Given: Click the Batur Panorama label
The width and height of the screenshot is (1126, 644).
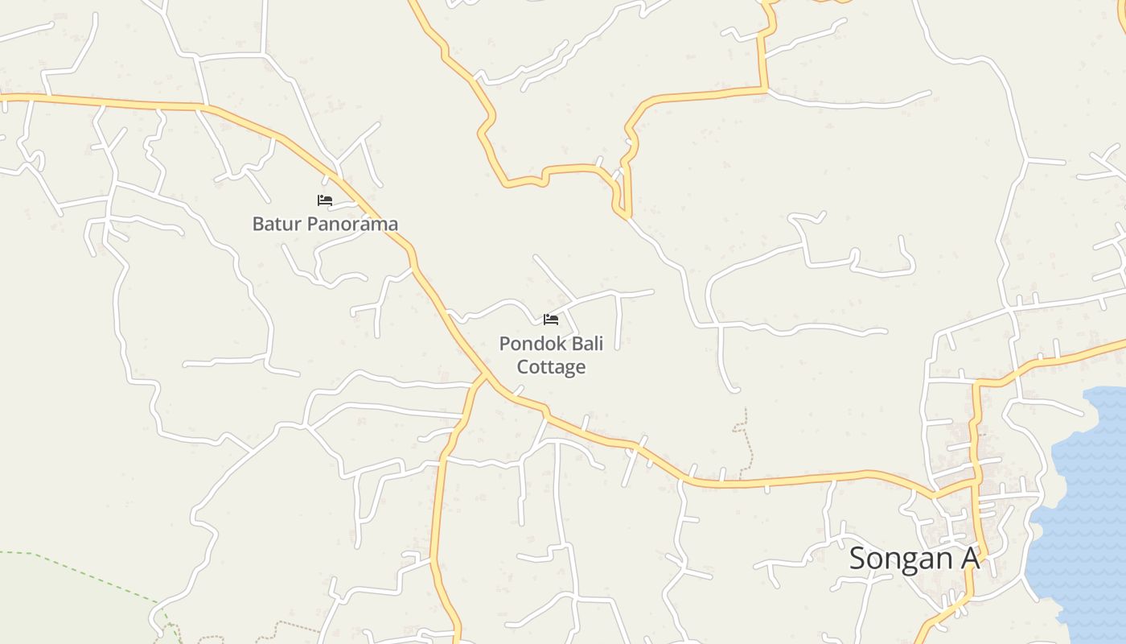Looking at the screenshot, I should [x=325, y=224].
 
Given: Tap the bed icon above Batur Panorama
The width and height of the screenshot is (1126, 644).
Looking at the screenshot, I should [x=325, y=200].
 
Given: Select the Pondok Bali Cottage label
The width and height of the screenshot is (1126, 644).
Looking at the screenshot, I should [x=551, y=355].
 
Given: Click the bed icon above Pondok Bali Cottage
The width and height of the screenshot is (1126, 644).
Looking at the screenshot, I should [x=551, y=320].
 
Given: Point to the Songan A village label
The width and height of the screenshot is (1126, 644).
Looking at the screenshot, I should [x=914, y=558].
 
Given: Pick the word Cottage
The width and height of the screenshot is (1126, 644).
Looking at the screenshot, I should [x=551, y=367].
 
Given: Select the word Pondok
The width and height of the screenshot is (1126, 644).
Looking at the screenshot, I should [x=528, y=344].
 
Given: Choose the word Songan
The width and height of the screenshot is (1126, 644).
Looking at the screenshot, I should [x=897, y=558].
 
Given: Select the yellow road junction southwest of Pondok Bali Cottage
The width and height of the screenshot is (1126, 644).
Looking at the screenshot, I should [x=484, y=376].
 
